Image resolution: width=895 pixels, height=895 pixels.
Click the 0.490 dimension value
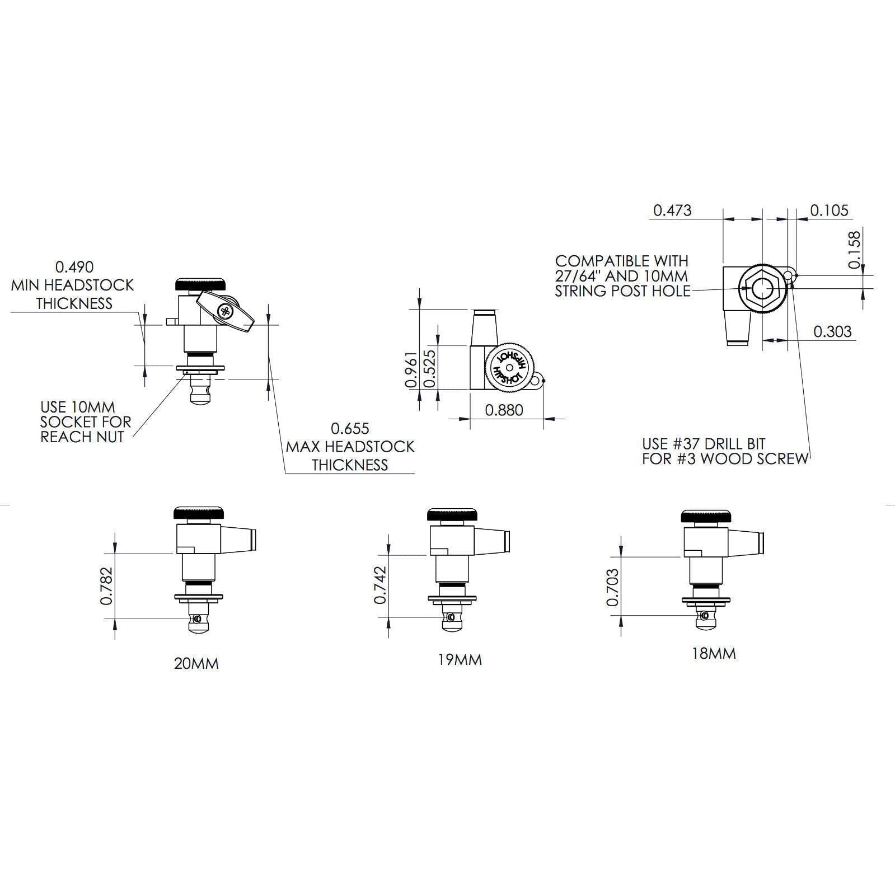pos(74,267)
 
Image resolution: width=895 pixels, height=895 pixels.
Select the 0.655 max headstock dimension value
pos(350,429)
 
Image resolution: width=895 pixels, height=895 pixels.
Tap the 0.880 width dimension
pos(504,410)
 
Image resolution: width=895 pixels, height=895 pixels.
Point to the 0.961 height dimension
pos(410,369)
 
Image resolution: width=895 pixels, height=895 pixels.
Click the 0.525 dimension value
pos(430,369)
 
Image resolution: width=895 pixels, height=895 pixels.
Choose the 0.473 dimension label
pos(672,210)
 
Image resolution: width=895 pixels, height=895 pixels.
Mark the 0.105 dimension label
pos(829,210)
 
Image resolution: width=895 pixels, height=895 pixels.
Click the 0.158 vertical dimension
pos(854,250)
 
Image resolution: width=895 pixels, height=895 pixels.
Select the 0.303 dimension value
pos(832,331)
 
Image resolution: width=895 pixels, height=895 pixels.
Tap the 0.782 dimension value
pos(107,586)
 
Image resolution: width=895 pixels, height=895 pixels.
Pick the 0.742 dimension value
pos(381,585)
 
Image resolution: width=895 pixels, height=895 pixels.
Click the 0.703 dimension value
pos(612,587)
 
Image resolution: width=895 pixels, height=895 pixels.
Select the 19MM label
pos(460,660)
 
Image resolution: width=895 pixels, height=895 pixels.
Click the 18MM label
pos(714,654)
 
